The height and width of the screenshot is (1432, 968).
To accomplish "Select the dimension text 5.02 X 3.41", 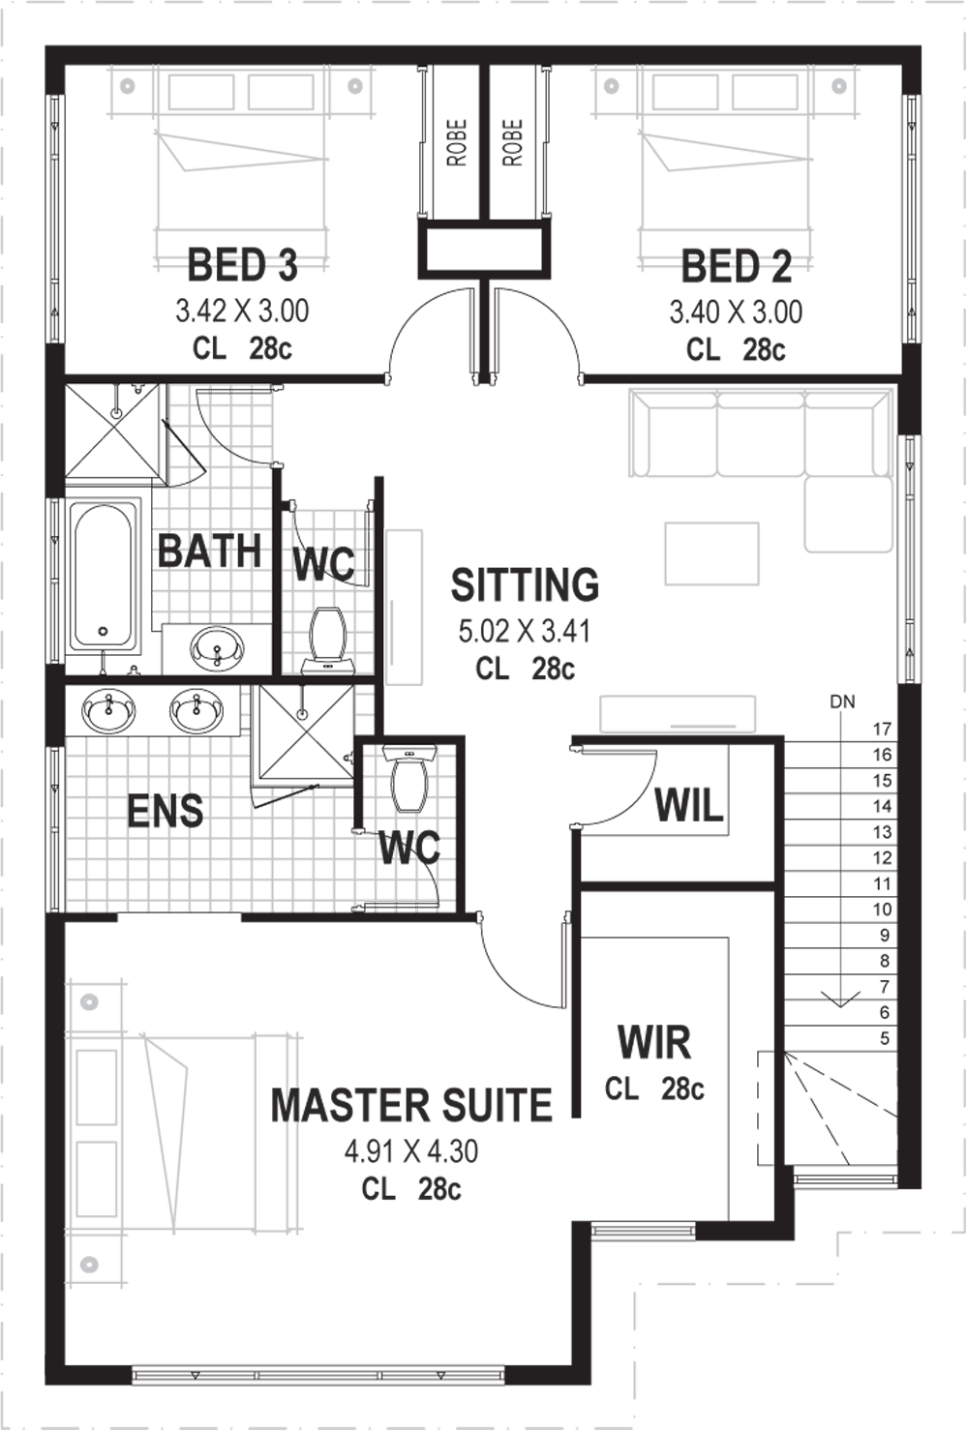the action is coord(525,632).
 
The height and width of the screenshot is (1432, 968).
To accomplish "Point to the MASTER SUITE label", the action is coord(411,1105).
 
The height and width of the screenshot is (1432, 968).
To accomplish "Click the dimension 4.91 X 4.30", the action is coord(411,1152).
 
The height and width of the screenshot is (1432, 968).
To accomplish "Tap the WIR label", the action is coord(654,1042).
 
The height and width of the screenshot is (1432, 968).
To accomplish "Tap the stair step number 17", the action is coord(882,729).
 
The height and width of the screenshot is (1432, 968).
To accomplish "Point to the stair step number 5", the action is coord(885,1038).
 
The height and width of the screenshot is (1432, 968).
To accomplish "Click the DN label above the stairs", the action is coord(842,701).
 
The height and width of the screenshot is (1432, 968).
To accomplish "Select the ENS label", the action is coord(165,811).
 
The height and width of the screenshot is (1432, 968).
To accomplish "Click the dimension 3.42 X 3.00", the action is coord(242,312).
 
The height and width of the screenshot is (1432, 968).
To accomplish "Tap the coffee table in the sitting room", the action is coord(711,553).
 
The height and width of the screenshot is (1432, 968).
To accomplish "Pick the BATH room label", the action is coord(209,551).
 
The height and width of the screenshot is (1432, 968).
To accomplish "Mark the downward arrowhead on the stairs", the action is coord(841,999).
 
